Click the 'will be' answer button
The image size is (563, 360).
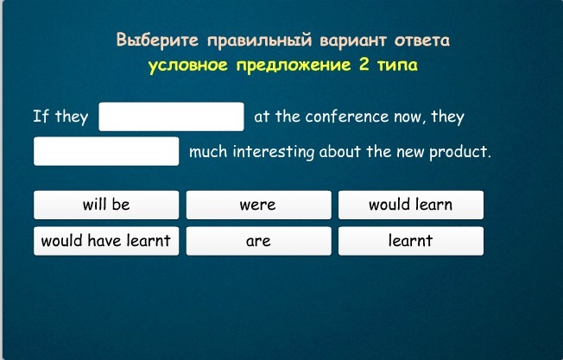tap(106, 205)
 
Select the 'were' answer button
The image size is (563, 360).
tap(258, 205)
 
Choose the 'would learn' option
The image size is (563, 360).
tap(411, 205)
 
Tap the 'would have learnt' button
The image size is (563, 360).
tap(106, 241)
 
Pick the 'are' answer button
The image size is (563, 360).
tap(258, 241)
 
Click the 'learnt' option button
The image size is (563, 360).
tap(411, 241)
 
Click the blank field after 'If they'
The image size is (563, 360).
tap(171, 117)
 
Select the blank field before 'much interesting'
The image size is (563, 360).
tap(106, 151)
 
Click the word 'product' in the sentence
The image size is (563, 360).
tap(460, 152)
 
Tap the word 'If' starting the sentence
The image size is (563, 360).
tap(41, 117)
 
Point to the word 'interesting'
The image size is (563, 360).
tap(273, 152)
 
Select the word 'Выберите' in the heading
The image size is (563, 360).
tap(157, 40)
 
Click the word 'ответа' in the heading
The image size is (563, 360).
tap(422, 41)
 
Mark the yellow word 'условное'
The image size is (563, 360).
tap(187, 66)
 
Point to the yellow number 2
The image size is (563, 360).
tap(364, 65)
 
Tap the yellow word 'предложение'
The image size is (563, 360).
tap(294, 66)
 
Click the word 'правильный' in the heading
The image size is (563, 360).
tap(259, 41)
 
